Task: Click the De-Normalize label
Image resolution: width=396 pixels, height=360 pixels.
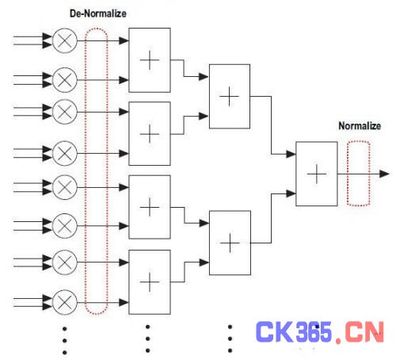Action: pos(98,13)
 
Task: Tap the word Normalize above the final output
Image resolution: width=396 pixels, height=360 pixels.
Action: pos(360,126)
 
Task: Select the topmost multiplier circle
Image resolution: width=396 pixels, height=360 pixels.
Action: pos(65,40)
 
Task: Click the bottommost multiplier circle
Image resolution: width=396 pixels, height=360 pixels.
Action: pos(65,302)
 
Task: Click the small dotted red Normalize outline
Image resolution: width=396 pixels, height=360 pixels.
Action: pos(348,174)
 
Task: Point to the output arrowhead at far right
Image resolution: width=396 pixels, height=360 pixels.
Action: pos(384,174)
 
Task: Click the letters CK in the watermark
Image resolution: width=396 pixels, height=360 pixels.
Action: pos(275,331)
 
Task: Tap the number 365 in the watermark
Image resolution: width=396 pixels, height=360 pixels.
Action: pos(314,331)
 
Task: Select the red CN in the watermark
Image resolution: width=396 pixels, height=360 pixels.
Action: pos(364,331)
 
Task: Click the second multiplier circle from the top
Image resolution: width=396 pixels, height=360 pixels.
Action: pos(65,80)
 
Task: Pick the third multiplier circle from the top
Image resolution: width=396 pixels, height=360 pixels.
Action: pos(65,112)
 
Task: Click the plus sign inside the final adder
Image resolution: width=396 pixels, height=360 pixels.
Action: pos(317,174)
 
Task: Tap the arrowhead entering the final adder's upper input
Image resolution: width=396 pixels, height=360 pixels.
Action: pos(291,154)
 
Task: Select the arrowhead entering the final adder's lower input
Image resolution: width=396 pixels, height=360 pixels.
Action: pos(291,193)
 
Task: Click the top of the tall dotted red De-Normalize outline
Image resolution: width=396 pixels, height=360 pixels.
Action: pos(97,28)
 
